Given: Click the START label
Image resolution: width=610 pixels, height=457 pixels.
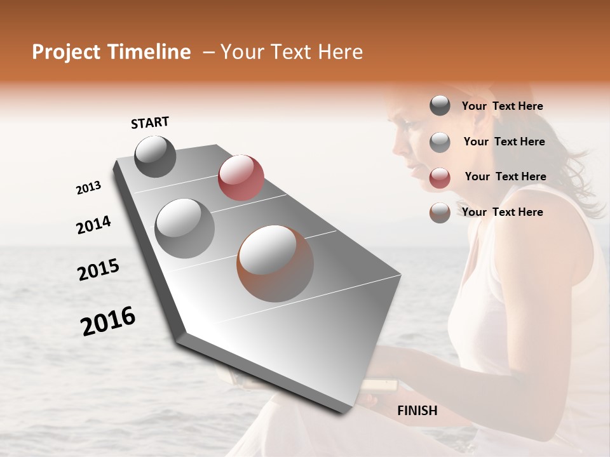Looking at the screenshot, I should click(x=150, y=123).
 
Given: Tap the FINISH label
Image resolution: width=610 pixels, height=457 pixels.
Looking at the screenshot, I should click(x=417, y=411).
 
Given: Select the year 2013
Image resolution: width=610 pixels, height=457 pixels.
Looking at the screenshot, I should click(x=89, y=188).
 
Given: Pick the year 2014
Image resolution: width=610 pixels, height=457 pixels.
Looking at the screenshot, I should click(x=93, y=225).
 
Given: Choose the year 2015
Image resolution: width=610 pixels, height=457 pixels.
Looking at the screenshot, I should click(x=98, y=270).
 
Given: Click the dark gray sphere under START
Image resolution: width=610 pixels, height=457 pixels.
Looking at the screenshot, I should click(x=155, y=156).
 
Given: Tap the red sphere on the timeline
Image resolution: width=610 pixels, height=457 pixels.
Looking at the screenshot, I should click(x=241, y=177).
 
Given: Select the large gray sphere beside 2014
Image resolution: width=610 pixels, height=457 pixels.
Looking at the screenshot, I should click(x=185, y=228).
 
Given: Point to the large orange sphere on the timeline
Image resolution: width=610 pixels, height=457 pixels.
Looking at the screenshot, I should click(x=275, y=263).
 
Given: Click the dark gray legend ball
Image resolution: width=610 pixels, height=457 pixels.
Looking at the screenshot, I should click(x=440, y=106).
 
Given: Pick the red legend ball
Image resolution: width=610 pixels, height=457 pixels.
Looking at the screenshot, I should click(x=440, y=178).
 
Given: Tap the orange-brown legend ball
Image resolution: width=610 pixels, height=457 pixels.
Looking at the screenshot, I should click(x=440, y=213).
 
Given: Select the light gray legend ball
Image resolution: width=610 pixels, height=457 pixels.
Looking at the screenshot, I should click(x=440, y=142).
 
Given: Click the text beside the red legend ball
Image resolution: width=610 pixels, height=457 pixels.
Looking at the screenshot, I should click(x=505, y=176).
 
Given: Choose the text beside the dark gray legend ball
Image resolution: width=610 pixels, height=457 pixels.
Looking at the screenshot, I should click(x=502, y=106).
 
